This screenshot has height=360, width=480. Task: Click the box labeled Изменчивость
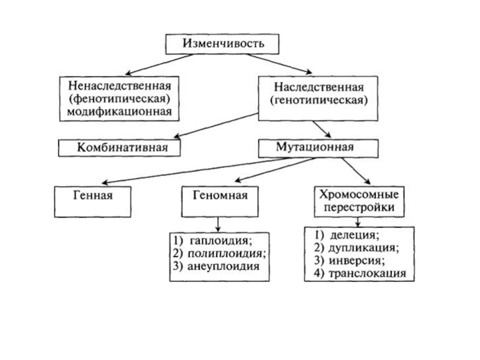(222, 43)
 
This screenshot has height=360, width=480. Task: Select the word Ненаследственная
(119, 86)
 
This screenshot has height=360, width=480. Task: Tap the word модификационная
(119, 111)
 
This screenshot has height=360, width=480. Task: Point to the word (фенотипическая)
(119, 98)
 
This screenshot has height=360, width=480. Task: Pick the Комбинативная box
(119, 146)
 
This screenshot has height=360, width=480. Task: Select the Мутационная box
(318, 146)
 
